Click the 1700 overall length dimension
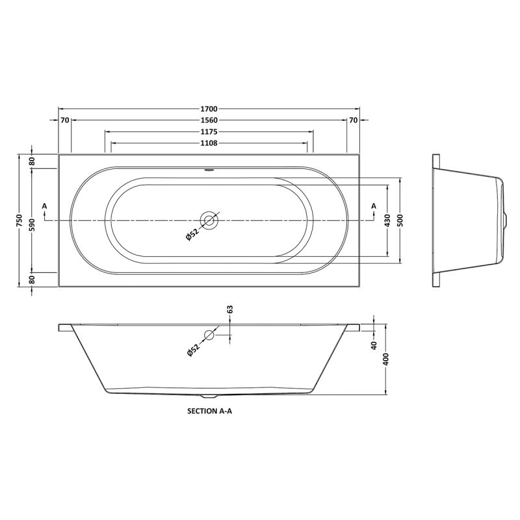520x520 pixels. [209, 109]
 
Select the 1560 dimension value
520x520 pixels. [209, 120]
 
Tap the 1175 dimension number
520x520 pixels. [209, 132]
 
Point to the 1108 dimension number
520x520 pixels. [209, 143]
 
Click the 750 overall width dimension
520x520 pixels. [19, 220]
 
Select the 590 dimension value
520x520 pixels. [32, 220]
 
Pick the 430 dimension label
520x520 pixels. [387, 220]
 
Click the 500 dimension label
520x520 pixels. [400, 220]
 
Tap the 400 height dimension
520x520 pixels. [386, 359]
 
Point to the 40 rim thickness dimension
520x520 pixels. [374, 345]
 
